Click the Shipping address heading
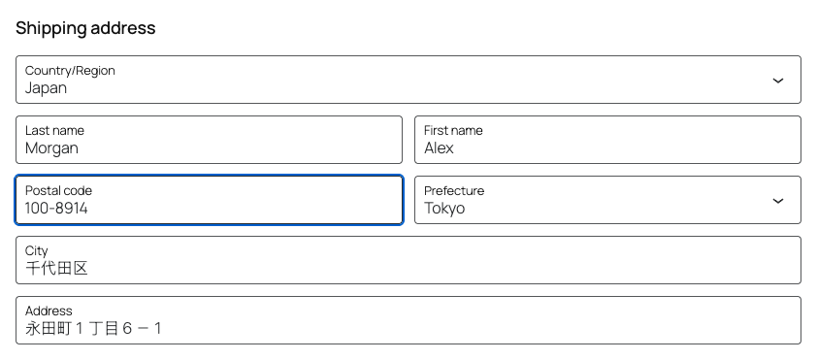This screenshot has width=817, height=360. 85,28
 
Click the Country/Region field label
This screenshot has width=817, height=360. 70,70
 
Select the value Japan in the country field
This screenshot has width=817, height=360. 46,88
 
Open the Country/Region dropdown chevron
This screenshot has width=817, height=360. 778,81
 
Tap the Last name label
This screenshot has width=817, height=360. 54,130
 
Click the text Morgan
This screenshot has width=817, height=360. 51,148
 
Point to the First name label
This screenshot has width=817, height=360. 453,130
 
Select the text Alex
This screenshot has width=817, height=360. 439,147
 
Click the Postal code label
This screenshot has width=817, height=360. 58,191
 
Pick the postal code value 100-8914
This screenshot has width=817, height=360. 56,209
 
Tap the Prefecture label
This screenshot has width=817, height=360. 454,191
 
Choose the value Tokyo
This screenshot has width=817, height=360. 444,209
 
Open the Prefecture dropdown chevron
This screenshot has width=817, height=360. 778,201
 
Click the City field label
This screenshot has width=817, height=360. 37,251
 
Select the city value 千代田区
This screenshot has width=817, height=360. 56,269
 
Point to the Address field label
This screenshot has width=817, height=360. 49,311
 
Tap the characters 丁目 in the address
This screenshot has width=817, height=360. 104,329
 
